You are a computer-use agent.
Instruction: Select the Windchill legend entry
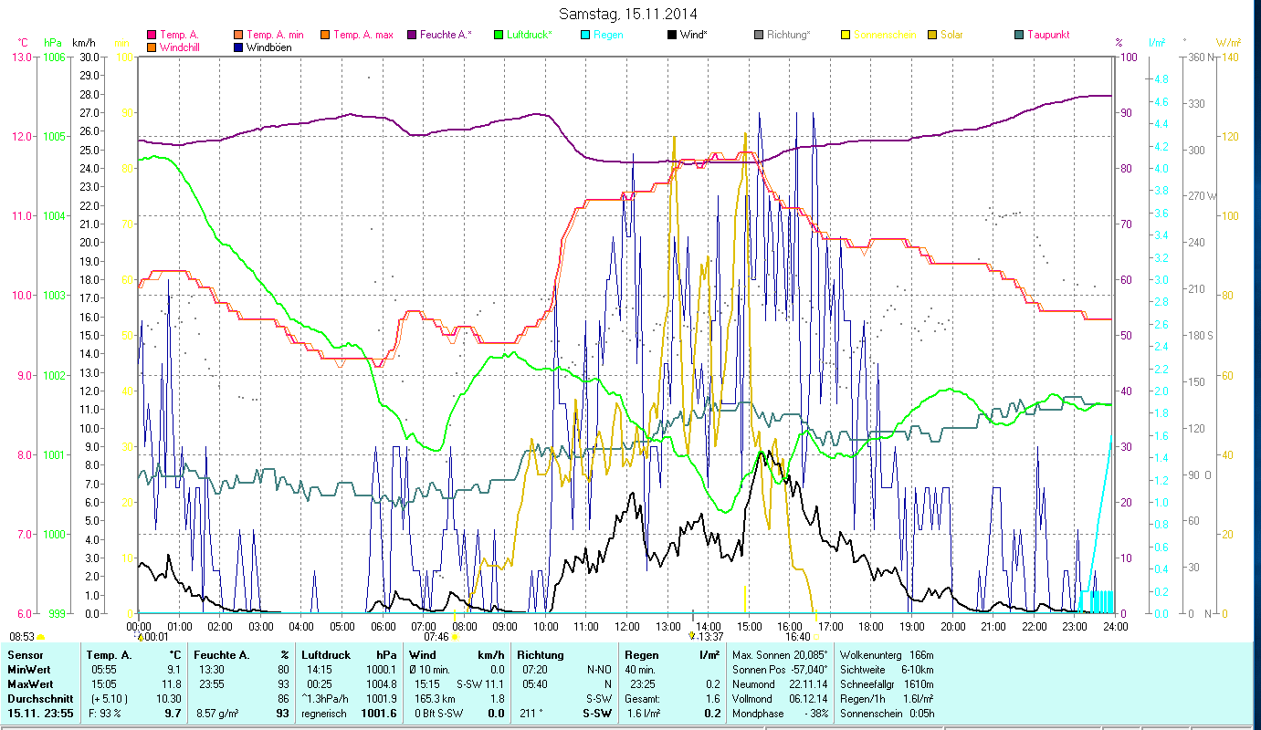(x=183, y=47)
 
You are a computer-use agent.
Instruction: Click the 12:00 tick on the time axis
(x=626, y=626)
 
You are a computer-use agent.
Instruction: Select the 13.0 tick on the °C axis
(x=18, y=57)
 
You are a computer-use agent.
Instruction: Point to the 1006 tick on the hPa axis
(x=53, y=57)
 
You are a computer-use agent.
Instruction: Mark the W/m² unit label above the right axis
(x=1228, y=42)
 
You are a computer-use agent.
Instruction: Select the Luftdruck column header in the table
(x=326, y=654)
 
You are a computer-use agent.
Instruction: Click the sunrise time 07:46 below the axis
(x=436, y=637)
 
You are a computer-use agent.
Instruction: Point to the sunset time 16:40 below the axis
(x=797, y=637)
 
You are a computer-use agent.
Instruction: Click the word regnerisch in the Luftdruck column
(x=324, y=713)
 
